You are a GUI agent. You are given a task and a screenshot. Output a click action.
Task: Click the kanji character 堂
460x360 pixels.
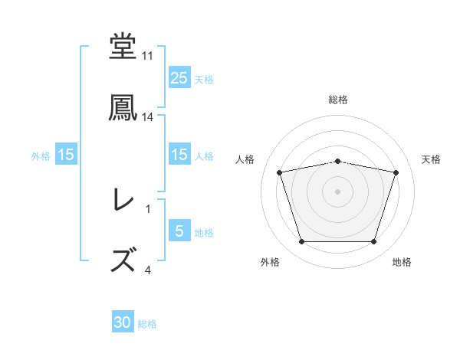click(x=123, y=46)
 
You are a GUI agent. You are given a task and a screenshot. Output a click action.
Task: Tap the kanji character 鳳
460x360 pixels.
click(x=123, y=108)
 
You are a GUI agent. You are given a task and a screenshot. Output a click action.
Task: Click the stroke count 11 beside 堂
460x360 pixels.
click(x=147, y=56)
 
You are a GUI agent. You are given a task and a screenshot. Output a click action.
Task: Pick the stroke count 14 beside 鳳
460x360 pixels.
click(x=148, y=117)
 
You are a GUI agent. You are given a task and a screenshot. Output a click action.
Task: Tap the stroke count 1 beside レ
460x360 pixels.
click(x=148, y=208)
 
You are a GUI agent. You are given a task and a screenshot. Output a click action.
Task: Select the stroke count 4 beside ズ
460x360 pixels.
click(x=148, y=270)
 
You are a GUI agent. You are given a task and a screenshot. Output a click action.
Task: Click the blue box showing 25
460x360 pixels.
click(x=179, y=78)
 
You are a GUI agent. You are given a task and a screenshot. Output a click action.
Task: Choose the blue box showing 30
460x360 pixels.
click(x=123, y=323)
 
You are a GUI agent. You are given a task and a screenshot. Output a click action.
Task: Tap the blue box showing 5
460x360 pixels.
click(x=179, y=231)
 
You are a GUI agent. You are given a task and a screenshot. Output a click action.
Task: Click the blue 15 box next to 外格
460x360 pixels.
click(x=66, y=155)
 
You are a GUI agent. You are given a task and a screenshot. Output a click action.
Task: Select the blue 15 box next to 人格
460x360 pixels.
click(x=179, y=155)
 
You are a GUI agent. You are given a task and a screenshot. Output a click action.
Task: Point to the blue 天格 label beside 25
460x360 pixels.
click(x=204, y=79)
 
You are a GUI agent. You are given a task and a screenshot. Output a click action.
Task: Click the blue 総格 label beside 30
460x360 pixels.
click(x=148, y=324)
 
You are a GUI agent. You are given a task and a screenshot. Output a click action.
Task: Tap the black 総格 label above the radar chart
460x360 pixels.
click(x=338, y=100)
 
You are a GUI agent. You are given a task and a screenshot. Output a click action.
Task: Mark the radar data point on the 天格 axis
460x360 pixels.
click(x=396, y=172)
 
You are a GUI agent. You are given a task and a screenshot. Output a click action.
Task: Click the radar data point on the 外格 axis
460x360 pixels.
click(x=301, y=242)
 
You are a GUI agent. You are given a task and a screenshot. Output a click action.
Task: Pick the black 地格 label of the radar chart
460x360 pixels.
click(x=402, y=263)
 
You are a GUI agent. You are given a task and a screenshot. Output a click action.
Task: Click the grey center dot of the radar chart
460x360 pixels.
click(x=338, y=191)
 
